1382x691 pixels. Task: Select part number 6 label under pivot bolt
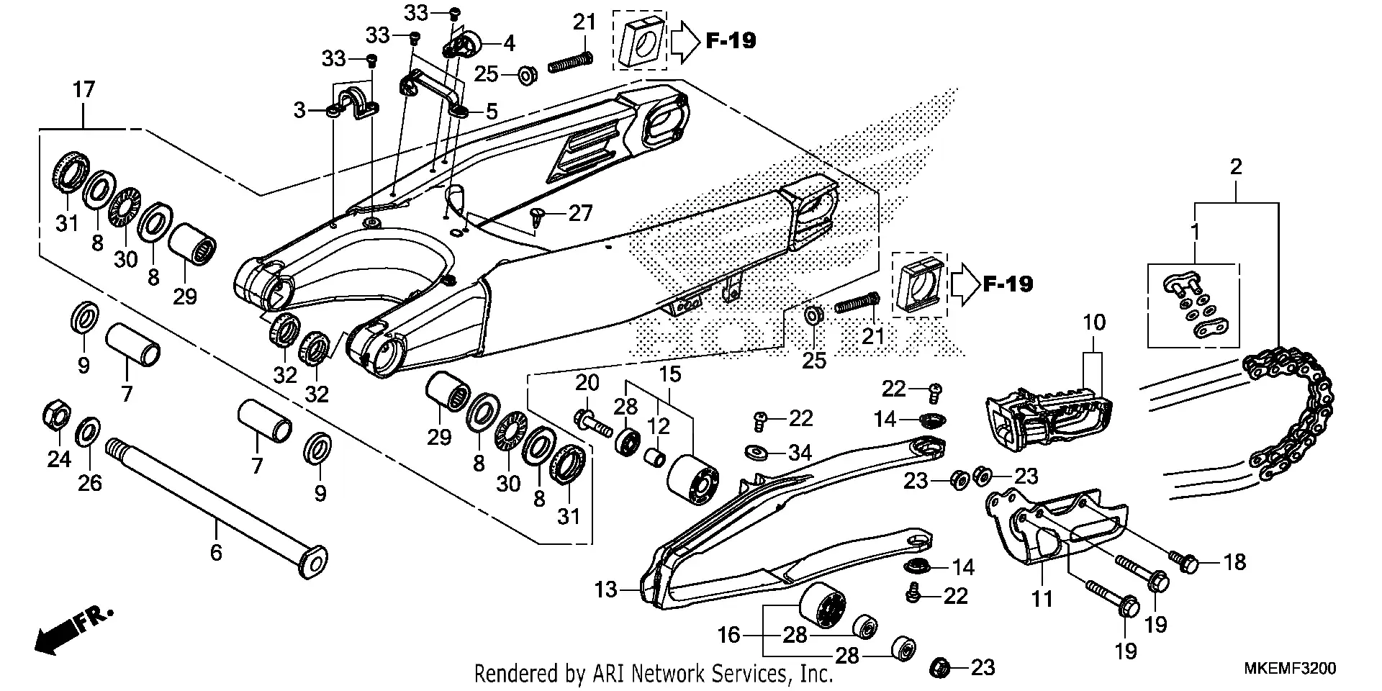tap(216, 552)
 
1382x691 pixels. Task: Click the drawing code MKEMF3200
tap(1290, 669)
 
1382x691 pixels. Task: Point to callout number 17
tap(83, 91)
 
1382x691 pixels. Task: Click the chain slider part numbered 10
tap(1047, 421)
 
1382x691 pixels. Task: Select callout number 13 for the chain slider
tap(606, 590)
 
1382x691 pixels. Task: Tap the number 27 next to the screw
tap(580, 213)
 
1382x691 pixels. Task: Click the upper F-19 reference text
tap(731, 41)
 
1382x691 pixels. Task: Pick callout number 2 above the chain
tap(1236, 168)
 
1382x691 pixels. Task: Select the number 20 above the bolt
tap(587, 383)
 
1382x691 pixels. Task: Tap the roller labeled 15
tap(693, 480)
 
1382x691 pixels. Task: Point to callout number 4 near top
tap(509, 43)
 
